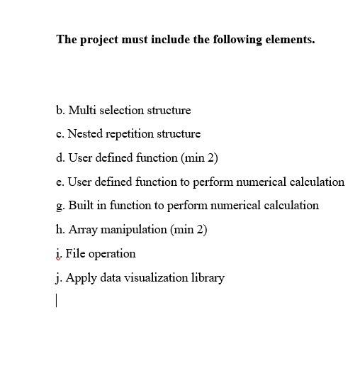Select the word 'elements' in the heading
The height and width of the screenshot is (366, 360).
tap(288, 40)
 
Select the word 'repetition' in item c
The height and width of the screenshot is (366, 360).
tap(130, 134)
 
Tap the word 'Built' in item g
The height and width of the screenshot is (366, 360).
tap(81, 206)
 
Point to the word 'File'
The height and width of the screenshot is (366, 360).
tap(75, 253)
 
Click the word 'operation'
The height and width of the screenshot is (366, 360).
tap(112, 253)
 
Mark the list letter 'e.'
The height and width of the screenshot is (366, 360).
tap(60, 182)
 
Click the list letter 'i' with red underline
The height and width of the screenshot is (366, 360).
tap(58, 253)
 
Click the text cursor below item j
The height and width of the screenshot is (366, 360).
tap(56, 301)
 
